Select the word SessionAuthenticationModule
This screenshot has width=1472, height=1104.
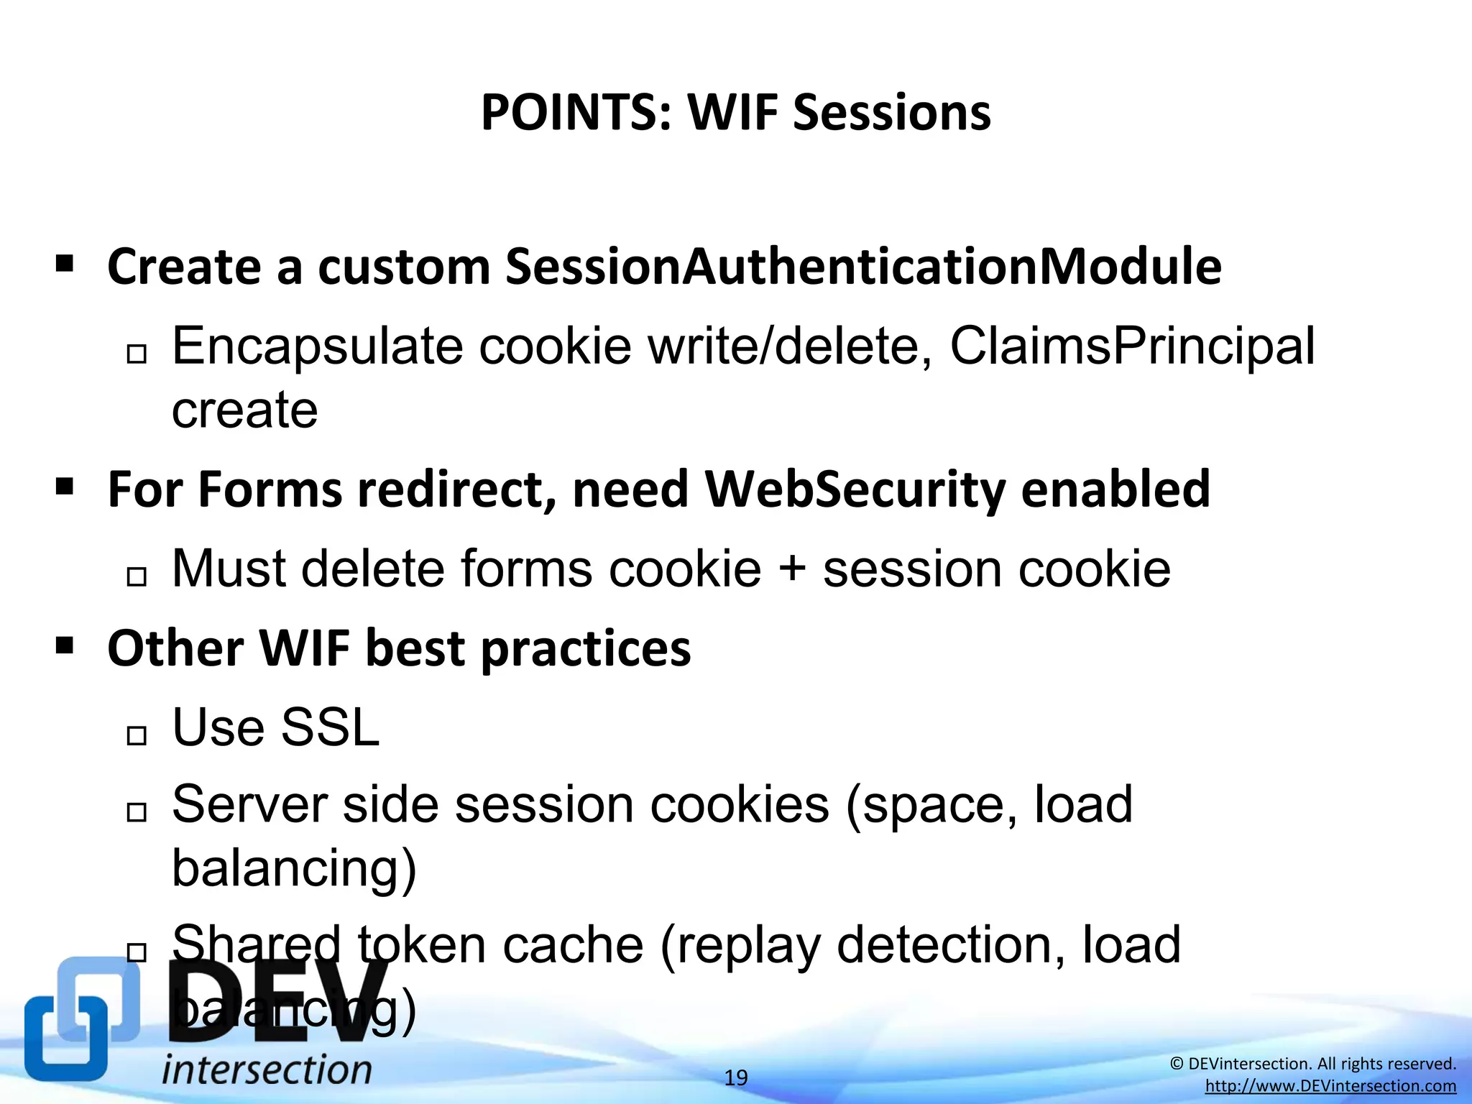coord(862,267)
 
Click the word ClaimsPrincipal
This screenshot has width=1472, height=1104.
coord(1132,346)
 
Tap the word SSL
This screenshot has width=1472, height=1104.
coord(329,727)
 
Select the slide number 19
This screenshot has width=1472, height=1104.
coord(735,1077)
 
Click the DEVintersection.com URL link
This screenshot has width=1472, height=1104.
coord(1330,1086)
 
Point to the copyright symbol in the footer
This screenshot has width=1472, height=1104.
coord(1177,1064)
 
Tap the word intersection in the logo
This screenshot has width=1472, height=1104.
coord(267,1070)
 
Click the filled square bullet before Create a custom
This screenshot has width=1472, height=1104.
coord(65,264)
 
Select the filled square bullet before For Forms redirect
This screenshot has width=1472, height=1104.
coord(65,487)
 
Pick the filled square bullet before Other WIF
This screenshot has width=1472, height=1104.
coord(65,645)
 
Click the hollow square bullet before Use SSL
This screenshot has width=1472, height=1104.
coord(136,735)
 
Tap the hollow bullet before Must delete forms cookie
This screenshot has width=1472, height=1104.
coord(136,576)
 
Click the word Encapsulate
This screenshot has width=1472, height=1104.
coord(317,346)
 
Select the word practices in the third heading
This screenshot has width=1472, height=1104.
coord(585,648)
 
